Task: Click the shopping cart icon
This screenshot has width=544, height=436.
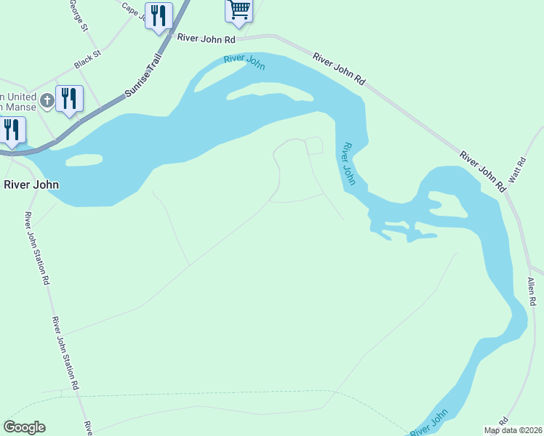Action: pos(239,10)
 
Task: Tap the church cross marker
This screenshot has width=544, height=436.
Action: pos(47,100)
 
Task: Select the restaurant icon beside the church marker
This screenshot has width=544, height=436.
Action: pos(70,98)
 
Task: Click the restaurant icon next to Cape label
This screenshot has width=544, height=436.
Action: pos(159,15)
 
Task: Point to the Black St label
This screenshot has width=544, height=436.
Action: pos(87,60)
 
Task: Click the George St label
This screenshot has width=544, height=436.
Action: pos(79,15)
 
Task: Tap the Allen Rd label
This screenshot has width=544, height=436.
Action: pos(532,291)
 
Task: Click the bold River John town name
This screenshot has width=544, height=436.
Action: pos(31,185)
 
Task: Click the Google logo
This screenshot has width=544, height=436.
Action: pos(24,427)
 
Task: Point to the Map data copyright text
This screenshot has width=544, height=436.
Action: pos(513,430)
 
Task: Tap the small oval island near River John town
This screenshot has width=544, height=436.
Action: pos(84,159)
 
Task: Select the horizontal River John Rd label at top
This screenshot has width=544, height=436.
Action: pos(207,38)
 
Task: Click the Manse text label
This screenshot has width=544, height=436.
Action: pos(20,107)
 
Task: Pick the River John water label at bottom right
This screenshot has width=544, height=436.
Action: pos(429,424)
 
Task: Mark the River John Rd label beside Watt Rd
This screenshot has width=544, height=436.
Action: pos(482,171)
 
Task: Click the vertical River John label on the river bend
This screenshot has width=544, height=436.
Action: pos(348,163)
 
